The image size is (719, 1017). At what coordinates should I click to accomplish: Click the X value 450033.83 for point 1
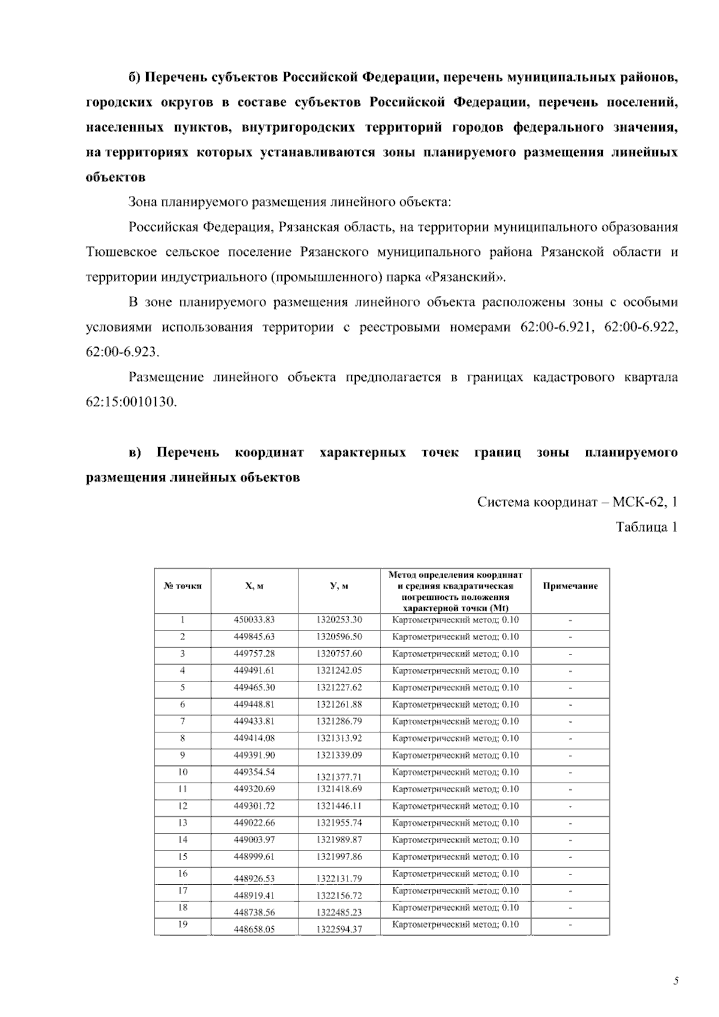pos(254,620)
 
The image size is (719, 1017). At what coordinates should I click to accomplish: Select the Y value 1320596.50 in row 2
pos(339,636)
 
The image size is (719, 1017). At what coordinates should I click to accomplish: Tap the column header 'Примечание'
pos(570,586)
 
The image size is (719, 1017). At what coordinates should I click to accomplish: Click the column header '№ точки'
pos(182,586)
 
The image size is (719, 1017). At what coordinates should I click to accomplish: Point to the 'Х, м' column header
pos(254,586)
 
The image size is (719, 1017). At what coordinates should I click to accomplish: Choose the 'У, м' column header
pos(339,586)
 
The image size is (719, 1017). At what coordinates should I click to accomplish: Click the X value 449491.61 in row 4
pos(254,671)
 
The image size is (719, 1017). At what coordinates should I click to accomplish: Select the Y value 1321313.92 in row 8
pos(339,738)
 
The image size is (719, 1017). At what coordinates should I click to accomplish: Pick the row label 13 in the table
pos(182,823)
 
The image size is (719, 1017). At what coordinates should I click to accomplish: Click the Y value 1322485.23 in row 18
pos(339,913)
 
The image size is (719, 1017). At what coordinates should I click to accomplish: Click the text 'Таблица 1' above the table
pos(647,527)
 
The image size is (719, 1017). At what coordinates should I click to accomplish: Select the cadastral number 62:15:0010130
pos(132,402)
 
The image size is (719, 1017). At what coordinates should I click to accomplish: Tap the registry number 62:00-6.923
pos(122,352)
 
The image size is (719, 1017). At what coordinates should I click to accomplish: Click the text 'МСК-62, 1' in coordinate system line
pos(645,502)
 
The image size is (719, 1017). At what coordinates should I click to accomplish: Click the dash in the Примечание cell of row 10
pos(570,772)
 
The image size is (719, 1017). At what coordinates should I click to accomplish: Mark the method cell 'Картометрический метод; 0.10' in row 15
pos(455,857)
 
